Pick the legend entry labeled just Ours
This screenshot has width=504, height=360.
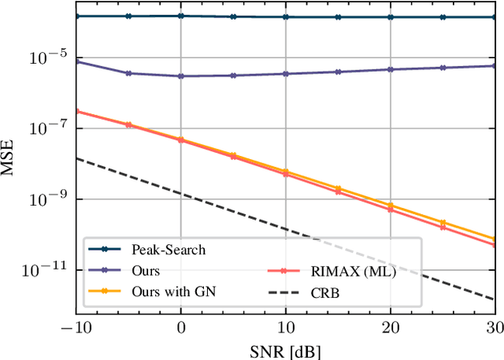coord(146,271)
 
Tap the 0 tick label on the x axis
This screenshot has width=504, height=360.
coord(181,327)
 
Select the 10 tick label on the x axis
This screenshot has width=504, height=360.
coord(286,327)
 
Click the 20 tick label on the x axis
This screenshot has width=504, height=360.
coord(391,327)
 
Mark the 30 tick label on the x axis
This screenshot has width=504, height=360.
coord(495,327)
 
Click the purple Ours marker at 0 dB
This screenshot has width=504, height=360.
coord(181,76)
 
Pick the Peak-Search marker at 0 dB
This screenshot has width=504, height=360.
coord(181,16)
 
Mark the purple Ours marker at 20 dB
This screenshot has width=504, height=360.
coord(391,69)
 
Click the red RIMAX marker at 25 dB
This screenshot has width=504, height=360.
coord(443,228)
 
